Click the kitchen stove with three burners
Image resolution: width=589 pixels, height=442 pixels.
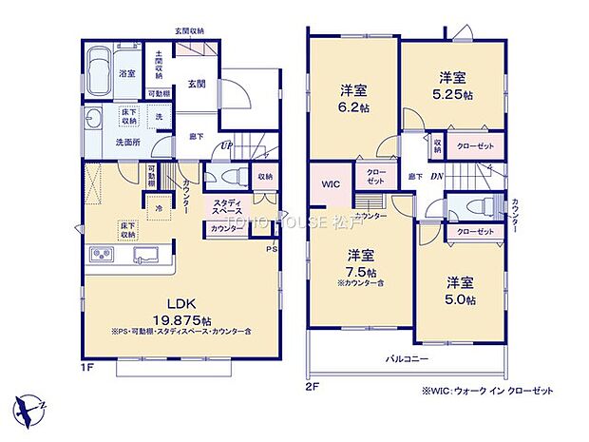pos(102,254)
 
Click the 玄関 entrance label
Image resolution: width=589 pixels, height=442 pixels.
pos(198,85)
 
